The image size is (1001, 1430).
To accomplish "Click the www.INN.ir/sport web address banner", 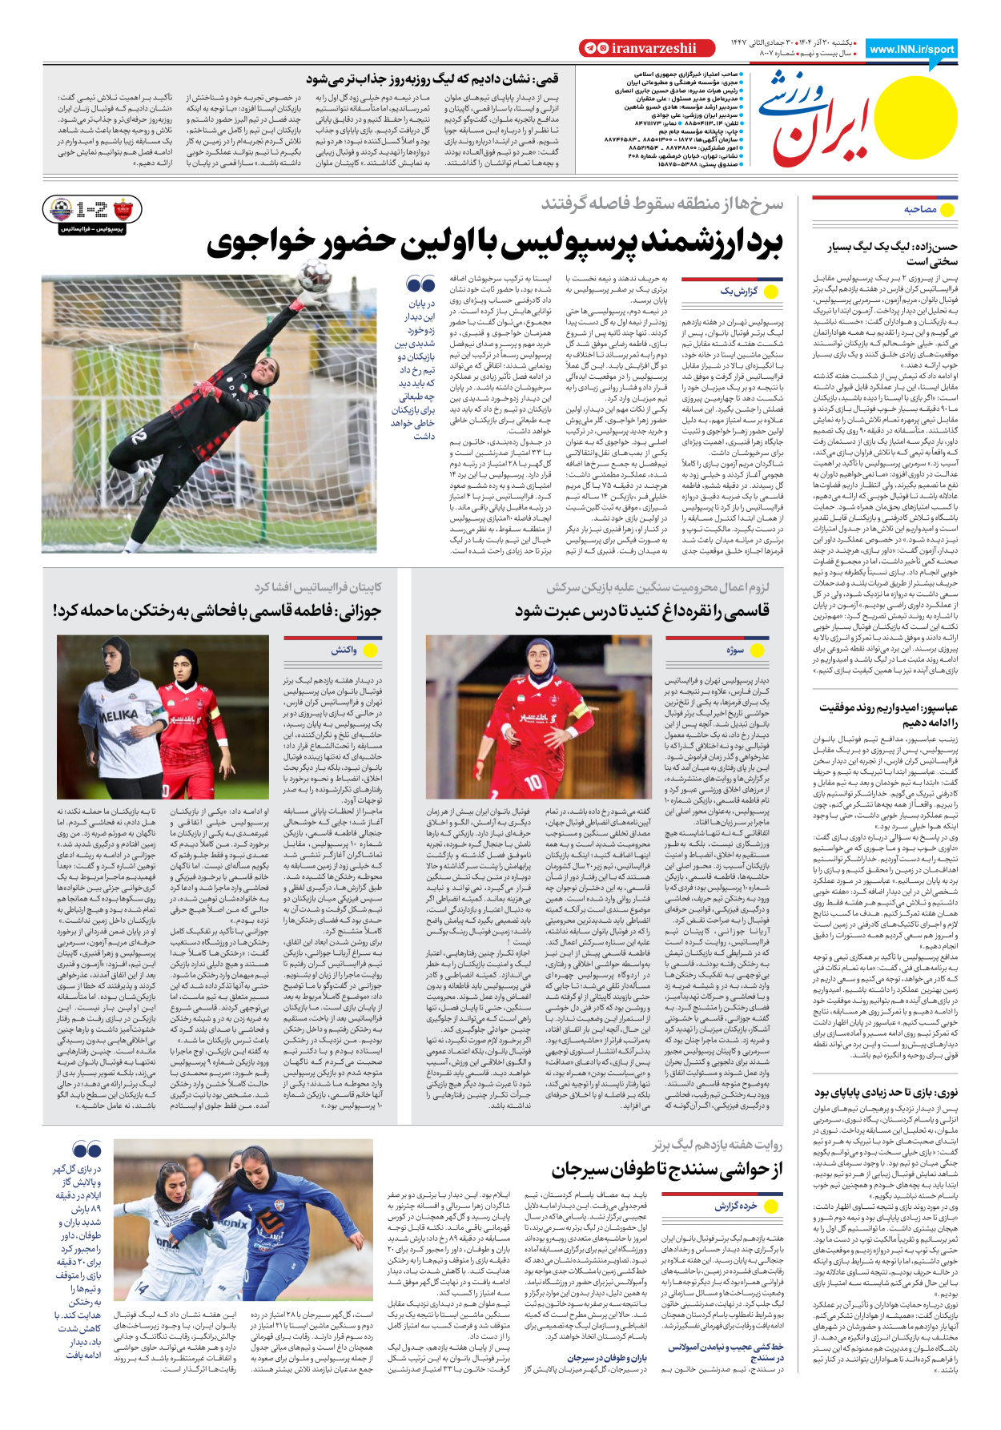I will coord(911,49).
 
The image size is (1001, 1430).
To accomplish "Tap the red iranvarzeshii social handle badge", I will coord(646,48).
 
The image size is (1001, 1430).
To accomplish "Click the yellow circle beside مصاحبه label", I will coord(947,210).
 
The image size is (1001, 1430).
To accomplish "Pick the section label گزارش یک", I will coord(738,291).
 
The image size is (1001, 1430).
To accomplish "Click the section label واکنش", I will coord(344,650).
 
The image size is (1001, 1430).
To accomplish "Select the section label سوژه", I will coord(735,650).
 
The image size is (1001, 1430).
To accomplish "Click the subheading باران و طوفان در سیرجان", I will coord(607,1358).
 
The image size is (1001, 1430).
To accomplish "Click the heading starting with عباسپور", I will coord(888,715).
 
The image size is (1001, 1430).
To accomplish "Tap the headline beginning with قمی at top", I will coord(432,79).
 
